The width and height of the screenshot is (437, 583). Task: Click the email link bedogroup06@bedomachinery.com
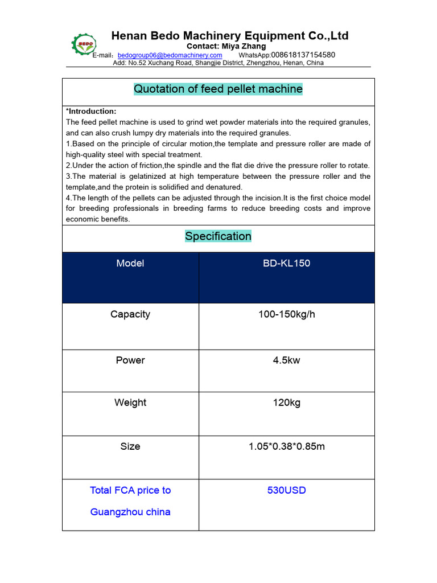[x=170, y=55]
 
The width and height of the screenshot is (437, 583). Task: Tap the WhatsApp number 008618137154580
[x=302, y=55]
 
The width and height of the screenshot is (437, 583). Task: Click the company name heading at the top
[x=229, y=36]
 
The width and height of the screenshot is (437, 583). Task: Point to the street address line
[x=218, y=63]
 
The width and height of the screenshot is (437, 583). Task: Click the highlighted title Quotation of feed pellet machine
[x=218, y=89]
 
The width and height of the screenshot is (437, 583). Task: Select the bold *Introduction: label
[x=91, y=111]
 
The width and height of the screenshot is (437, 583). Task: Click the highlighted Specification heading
[x=218, y=236]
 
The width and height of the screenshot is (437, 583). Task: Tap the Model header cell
[x=130, y=264]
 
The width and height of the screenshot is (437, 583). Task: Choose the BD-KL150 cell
[x=286, y=264]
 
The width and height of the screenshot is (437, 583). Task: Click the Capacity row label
[x=130, y=314]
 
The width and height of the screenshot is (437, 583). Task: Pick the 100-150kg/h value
[x=286, y=314]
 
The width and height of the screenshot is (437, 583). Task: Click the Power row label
[x=130, y=360]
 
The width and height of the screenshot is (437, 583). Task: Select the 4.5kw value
[x=286, y=360]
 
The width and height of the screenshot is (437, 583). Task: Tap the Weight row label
[x=130, y=403]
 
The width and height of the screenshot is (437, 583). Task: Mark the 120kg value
[x=286, y=403]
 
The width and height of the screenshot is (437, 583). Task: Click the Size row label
[x=130, y=446]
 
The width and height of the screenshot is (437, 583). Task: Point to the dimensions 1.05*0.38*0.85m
[x=286, y=446]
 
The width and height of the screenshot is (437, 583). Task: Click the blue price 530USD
[x=286, y=490]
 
